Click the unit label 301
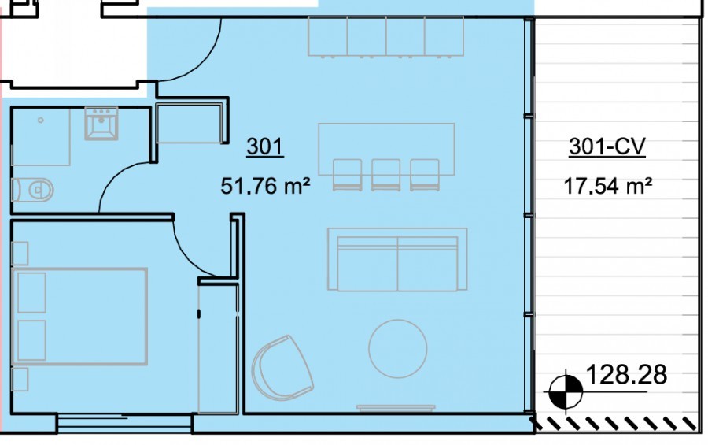[265, 146]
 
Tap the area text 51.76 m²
[266, 186]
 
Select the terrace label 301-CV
[607, 146]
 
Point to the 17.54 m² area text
[608, 186]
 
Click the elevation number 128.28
[626, 375]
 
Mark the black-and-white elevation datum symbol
[566, 391]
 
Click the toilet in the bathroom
[33, 190]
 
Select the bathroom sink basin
[101, 123]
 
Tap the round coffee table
[398, 349]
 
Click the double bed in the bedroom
[80, 317]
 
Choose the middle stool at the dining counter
[386, 175]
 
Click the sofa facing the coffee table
[397, 260]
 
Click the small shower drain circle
[41, 121]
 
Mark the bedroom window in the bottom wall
[124, 424]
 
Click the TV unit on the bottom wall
[396, 408]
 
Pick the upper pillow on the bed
[31, 292]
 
